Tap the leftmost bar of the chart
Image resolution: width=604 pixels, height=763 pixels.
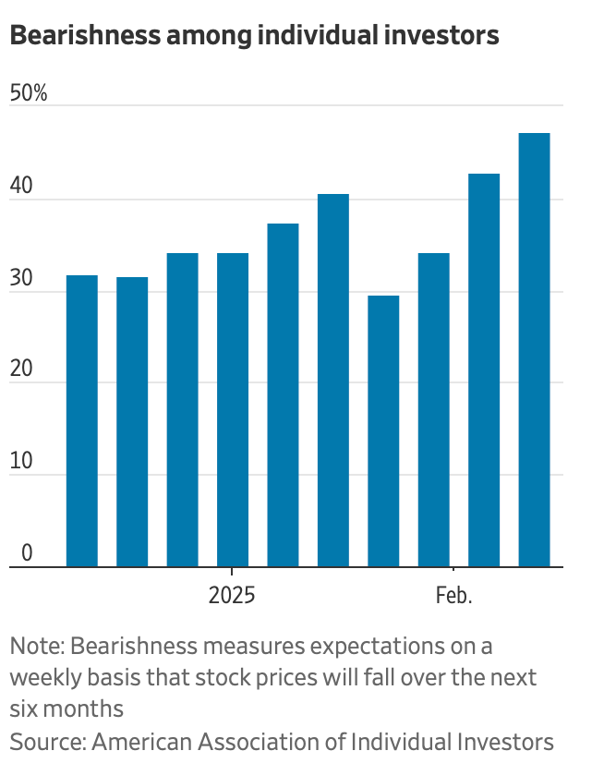tap(82, 420)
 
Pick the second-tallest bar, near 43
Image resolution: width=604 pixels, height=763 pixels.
tap(484, 369)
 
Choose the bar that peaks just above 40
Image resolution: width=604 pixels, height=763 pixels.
tap(333, 380)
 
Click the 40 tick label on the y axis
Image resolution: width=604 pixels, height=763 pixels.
tap(21, 185)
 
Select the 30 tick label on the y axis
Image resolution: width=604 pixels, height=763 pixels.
tap(21, 277)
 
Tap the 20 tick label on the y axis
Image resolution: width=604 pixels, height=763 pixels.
tap(21, 369)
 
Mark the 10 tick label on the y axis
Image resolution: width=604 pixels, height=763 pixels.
tap(21, 461)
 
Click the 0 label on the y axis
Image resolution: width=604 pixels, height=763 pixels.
tap(27, 552)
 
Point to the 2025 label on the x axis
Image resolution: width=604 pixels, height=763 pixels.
tap(232, 595)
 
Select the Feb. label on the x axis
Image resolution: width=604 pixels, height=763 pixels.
tap(453, 595)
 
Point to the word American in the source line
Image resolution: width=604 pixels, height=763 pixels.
tap(137, 741)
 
